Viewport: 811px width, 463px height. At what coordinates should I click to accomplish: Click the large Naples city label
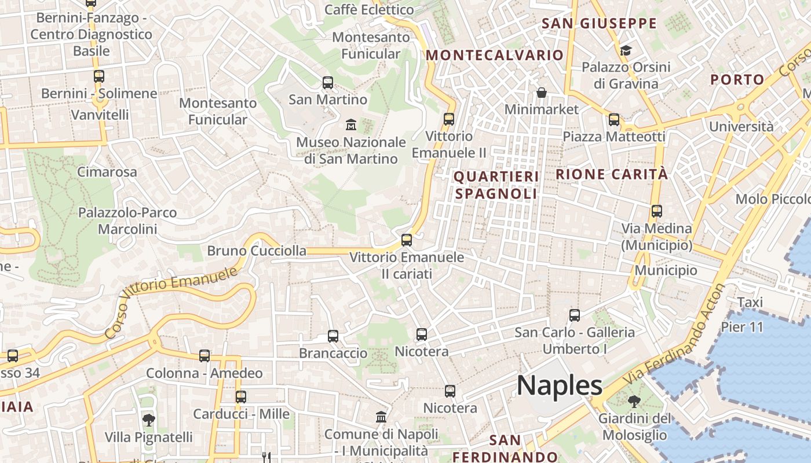click(560, 385)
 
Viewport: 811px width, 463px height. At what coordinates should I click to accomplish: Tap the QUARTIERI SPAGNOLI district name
click(496, 185)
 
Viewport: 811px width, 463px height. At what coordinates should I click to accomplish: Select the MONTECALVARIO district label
click(495, 55)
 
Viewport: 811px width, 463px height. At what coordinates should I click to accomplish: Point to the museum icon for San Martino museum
click(350, 124)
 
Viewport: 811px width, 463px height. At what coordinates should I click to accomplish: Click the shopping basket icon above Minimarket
click(542, 93)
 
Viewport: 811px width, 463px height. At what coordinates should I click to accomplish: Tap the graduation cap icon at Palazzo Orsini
click(625, 50)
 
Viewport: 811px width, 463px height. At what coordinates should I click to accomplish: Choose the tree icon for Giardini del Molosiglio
click(634, 401)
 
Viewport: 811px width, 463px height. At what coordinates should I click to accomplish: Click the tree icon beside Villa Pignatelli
click(149, 420)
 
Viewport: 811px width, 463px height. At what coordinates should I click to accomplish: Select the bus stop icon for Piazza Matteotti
click(614, 120)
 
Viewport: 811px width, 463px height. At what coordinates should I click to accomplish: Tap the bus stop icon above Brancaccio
click(333, 336)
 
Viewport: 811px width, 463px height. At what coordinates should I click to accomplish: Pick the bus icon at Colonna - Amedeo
click(204, 356)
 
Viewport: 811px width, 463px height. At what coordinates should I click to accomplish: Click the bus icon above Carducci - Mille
click(241, 397)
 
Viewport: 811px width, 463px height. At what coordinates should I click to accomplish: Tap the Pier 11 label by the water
click(742, 327)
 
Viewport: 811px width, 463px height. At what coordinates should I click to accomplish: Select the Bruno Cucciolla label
click(257, 251)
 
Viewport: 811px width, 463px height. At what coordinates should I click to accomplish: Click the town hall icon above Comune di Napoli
click(381, 417)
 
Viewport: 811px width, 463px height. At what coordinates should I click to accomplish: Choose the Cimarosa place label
click(107, 172)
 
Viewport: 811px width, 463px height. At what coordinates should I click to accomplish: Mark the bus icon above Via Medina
click(656, 211)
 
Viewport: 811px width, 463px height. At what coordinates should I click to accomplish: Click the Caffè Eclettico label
click(369, 10)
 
